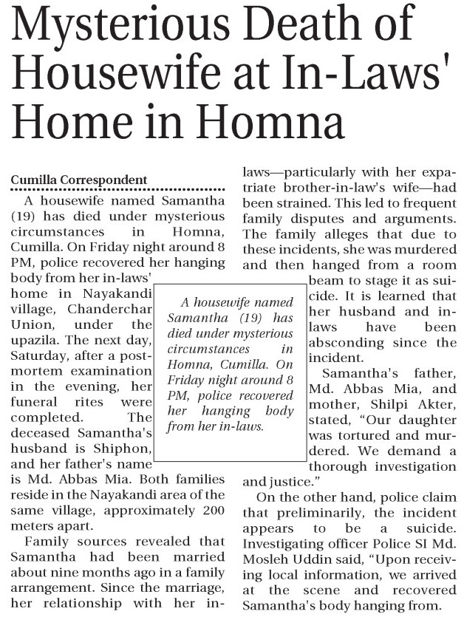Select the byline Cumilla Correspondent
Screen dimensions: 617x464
pyautogui.click(x=79, y=180)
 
